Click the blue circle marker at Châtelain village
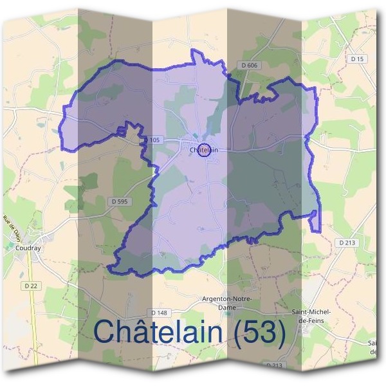[x=203, y=150]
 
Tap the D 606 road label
[x=250, y=66]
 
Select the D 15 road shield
[x=357, y=59]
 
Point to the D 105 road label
[x=152, y=140]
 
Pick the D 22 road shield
[x=29, y=285]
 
